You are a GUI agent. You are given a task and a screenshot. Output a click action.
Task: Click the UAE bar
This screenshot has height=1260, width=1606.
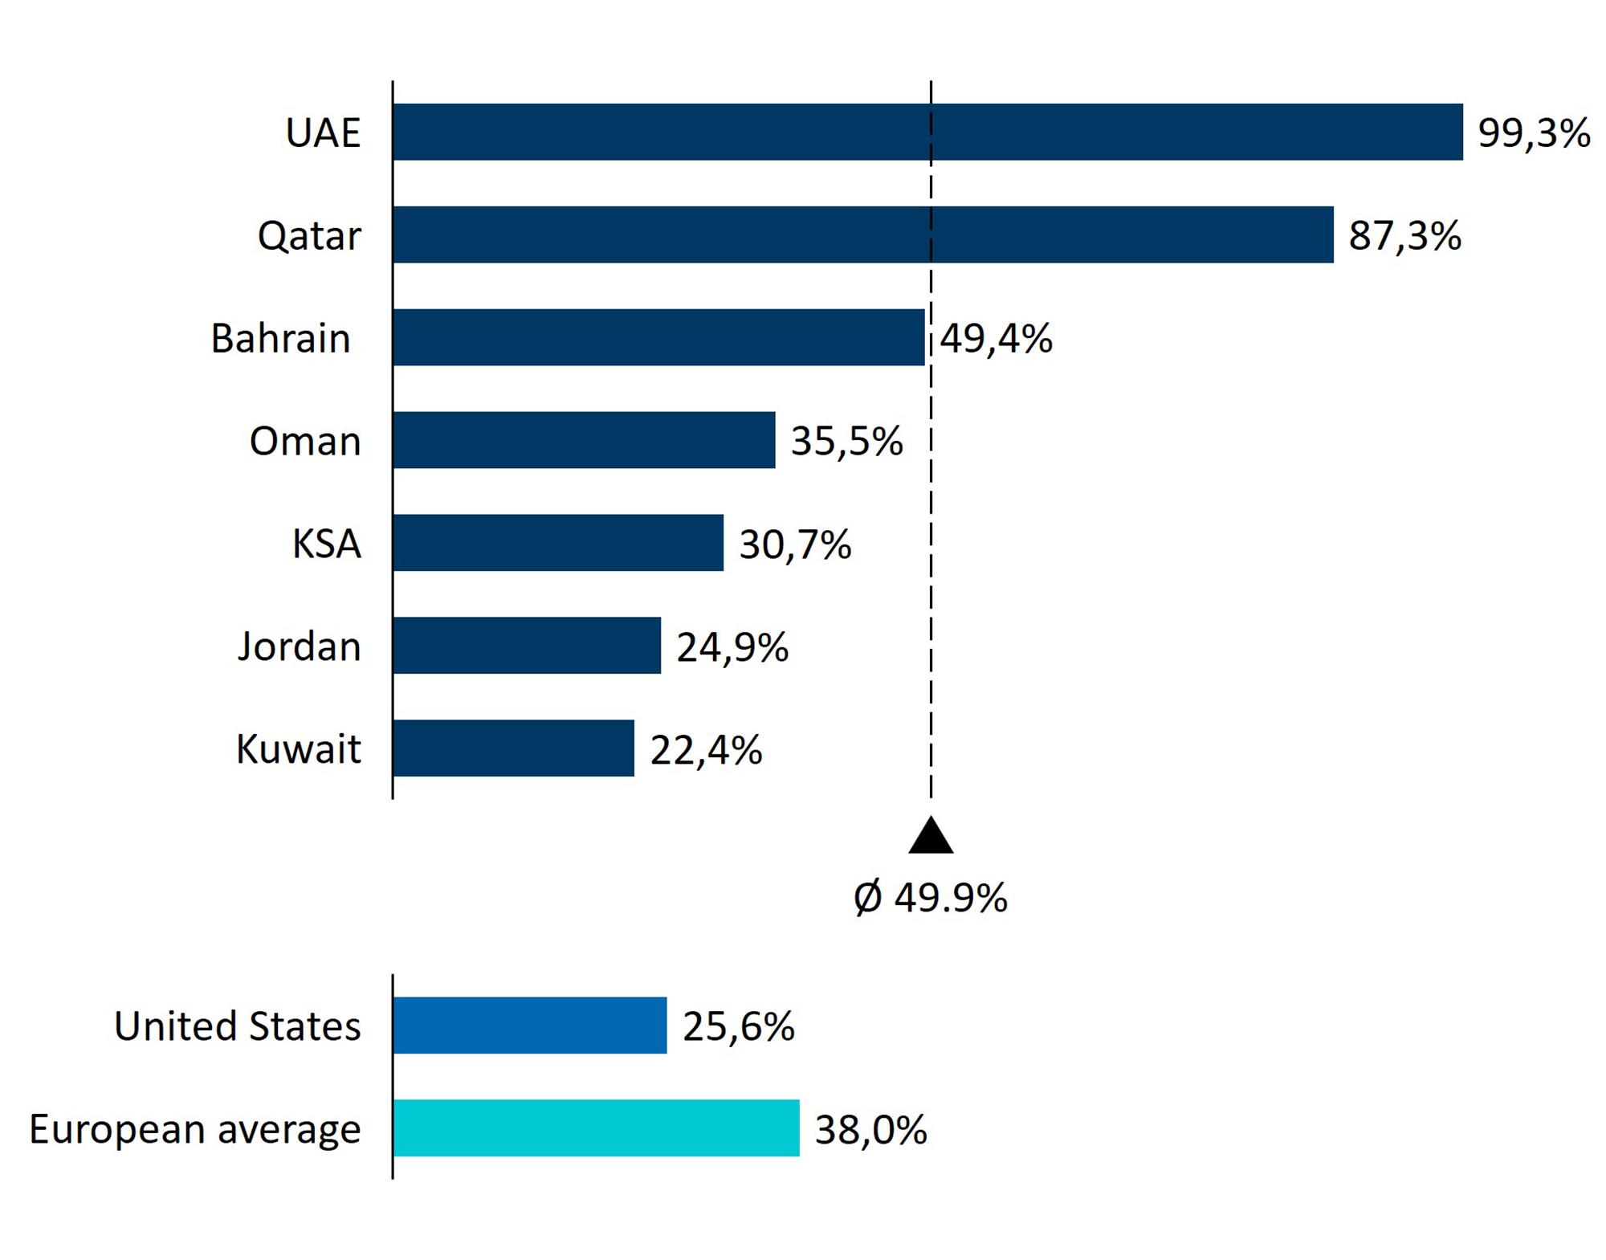click(x=927, y=132)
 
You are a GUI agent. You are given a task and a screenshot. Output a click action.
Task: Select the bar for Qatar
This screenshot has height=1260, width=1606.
click(x=863, y=234)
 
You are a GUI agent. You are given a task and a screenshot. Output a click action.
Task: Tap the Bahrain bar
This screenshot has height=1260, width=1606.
click(x=658, y=337)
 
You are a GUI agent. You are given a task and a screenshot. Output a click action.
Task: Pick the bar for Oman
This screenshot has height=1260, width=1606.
click(x=584, y=440)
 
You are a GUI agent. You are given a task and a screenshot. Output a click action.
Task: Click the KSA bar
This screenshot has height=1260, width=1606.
click(x=558, y=543)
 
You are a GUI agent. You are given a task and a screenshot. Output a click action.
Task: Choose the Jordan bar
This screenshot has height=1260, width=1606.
click(x=527, y=646)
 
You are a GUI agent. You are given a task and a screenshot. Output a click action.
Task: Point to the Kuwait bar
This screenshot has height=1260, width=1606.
click(x=513, y=748)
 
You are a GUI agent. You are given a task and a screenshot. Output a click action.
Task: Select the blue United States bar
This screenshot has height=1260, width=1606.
click(x=530, y=1026)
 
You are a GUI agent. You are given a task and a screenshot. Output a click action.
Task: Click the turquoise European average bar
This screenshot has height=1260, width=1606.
click(x=596, y=1128)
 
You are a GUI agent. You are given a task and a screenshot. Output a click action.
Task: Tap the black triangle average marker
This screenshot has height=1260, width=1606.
click(x=931, y=837)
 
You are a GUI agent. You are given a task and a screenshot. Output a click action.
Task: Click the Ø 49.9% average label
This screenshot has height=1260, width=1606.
click(x=931, y=897)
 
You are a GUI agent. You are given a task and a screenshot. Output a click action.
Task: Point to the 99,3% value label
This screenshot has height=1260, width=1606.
click(x=1534, y=133)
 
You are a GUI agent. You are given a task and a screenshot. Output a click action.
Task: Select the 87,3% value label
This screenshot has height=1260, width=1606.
click(x=1404, y=235)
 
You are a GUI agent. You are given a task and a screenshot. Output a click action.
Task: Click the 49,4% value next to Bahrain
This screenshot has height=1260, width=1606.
click(x=996, y=338)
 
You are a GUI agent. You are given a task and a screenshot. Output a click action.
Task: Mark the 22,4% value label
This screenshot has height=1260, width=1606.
click(x=706, y=749)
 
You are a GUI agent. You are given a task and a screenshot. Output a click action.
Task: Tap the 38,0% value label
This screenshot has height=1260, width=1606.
click(x=871, y=1129)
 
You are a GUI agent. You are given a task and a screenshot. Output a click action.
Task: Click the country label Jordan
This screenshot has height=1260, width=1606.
click(x=300, y=646)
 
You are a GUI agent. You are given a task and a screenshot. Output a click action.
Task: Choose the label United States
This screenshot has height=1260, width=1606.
click(x=238, y=1026)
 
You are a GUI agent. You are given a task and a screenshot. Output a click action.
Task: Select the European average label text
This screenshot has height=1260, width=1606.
click(x=195, y=1129)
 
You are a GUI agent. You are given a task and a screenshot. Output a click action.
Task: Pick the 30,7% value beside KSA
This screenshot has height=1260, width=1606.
click(x=795, y=544)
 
